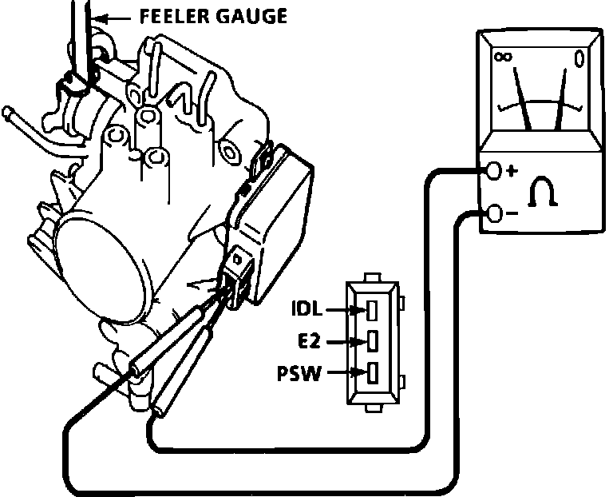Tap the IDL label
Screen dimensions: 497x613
[309, 306]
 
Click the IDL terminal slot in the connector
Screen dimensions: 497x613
[373, 308]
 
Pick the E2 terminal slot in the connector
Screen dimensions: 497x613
[373, 341]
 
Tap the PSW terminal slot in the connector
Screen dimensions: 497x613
[373, 372]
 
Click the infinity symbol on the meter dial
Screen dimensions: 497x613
[503, 58]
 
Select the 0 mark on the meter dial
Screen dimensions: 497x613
[579, 58]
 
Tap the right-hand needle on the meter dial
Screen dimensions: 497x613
[563, 96]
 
